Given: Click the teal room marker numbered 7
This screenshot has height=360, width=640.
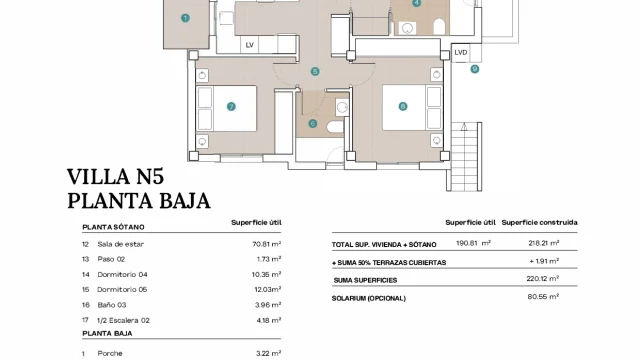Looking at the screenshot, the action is point(231,107).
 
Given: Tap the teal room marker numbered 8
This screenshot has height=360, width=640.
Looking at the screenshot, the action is point(403,107).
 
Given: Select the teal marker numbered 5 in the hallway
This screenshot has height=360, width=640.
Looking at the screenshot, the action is point(315,71).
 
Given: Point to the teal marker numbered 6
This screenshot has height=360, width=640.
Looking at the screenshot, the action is point(313,123).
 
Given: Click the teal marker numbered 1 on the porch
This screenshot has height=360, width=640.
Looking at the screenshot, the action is point(185,18).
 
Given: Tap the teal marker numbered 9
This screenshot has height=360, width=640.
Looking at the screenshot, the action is point(474,69).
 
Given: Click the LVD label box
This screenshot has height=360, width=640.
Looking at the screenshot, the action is point(461,53).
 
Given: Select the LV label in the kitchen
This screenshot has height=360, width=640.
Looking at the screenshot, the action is point(250,45).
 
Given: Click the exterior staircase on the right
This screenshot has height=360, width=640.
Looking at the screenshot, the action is point(464,157).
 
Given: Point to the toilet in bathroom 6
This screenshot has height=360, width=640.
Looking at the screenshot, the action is point(335,127).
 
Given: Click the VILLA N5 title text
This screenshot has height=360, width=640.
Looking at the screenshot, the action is point(116,177).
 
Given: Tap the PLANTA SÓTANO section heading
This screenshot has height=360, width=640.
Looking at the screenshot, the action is point(113,227).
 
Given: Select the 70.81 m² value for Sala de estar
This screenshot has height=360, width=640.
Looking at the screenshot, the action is point(267,244).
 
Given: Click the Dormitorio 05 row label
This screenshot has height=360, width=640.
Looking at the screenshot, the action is point(122,289).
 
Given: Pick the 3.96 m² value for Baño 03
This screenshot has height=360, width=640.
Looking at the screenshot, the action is point(268,304).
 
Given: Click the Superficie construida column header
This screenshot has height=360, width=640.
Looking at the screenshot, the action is point(539,222).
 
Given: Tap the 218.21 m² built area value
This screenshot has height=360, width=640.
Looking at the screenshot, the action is point(544,243).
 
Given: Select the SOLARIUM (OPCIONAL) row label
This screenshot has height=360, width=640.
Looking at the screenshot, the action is point(369,298).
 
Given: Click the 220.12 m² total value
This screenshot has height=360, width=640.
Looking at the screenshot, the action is point(542,279).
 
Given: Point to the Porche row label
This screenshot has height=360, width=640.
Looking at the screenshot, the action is point(110,353).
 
